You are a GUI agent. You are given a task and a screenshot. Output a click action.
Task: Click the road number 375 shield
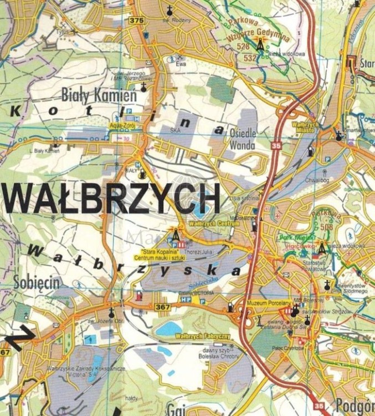[x=136, y=21]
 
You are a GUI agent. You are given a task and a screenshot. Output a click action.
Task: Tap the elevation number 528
[x=243, y=48]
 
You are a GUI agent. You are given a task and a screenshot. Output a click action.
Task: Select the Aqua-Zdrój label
[x=126, y=126]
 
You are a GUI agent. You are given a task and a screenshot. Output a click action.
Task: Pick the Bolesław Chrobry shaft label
[x=217, y=357]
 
